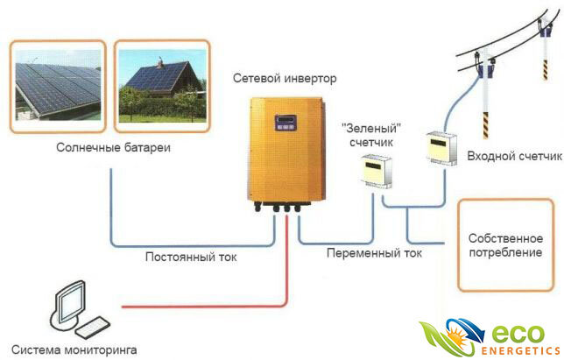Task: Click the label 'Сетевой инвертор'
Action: pyautogui.click(x=285, y=79)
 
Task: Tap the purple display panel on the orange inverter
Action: pyautogui.click(x=286, y=123)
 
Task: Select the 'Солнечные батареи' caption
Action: pyautogui.click(x=113, y=147)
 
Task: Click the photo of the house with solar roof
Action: pyautogui.click(x=162, y=86)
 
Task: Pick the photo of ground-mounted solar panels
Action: pyautogui.click(x=58, y=87)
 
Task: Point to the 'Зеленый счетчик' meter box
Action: pyautogui.click(x=377, y=171)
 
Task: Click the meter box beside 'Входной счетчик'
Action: pyautogui.click(x=441, y=148)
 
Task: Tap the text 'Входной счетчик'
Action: pyautogui.click(x=514, y=156)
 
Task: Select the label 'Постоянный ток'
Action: pyautogui.click(x=191, y=258)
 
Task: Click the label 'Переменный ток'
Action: pyautogui.click(x=374, y=253)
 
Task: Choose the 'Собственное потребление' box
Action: pyautogui.click(x=505, y=245)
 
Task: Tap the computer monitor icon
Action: pyautogui.click(x=70, y=303)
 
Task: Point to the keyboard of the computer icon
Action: pyautogui.click(x=93, y=328)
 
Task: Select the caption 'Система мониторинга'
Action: pyautogui.click(x=74, y=349)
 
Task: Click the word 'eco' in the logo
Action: pyautogui.click(x=518, y=335)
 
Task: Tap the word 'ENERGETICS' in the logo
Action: pyautogui.click(x=520, y=351)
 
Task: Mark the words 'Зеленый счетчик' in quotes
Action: pyautogui.click(x=371, y=135)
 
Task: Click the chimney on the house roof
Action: pyautogui.click(x=159, y=64)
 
